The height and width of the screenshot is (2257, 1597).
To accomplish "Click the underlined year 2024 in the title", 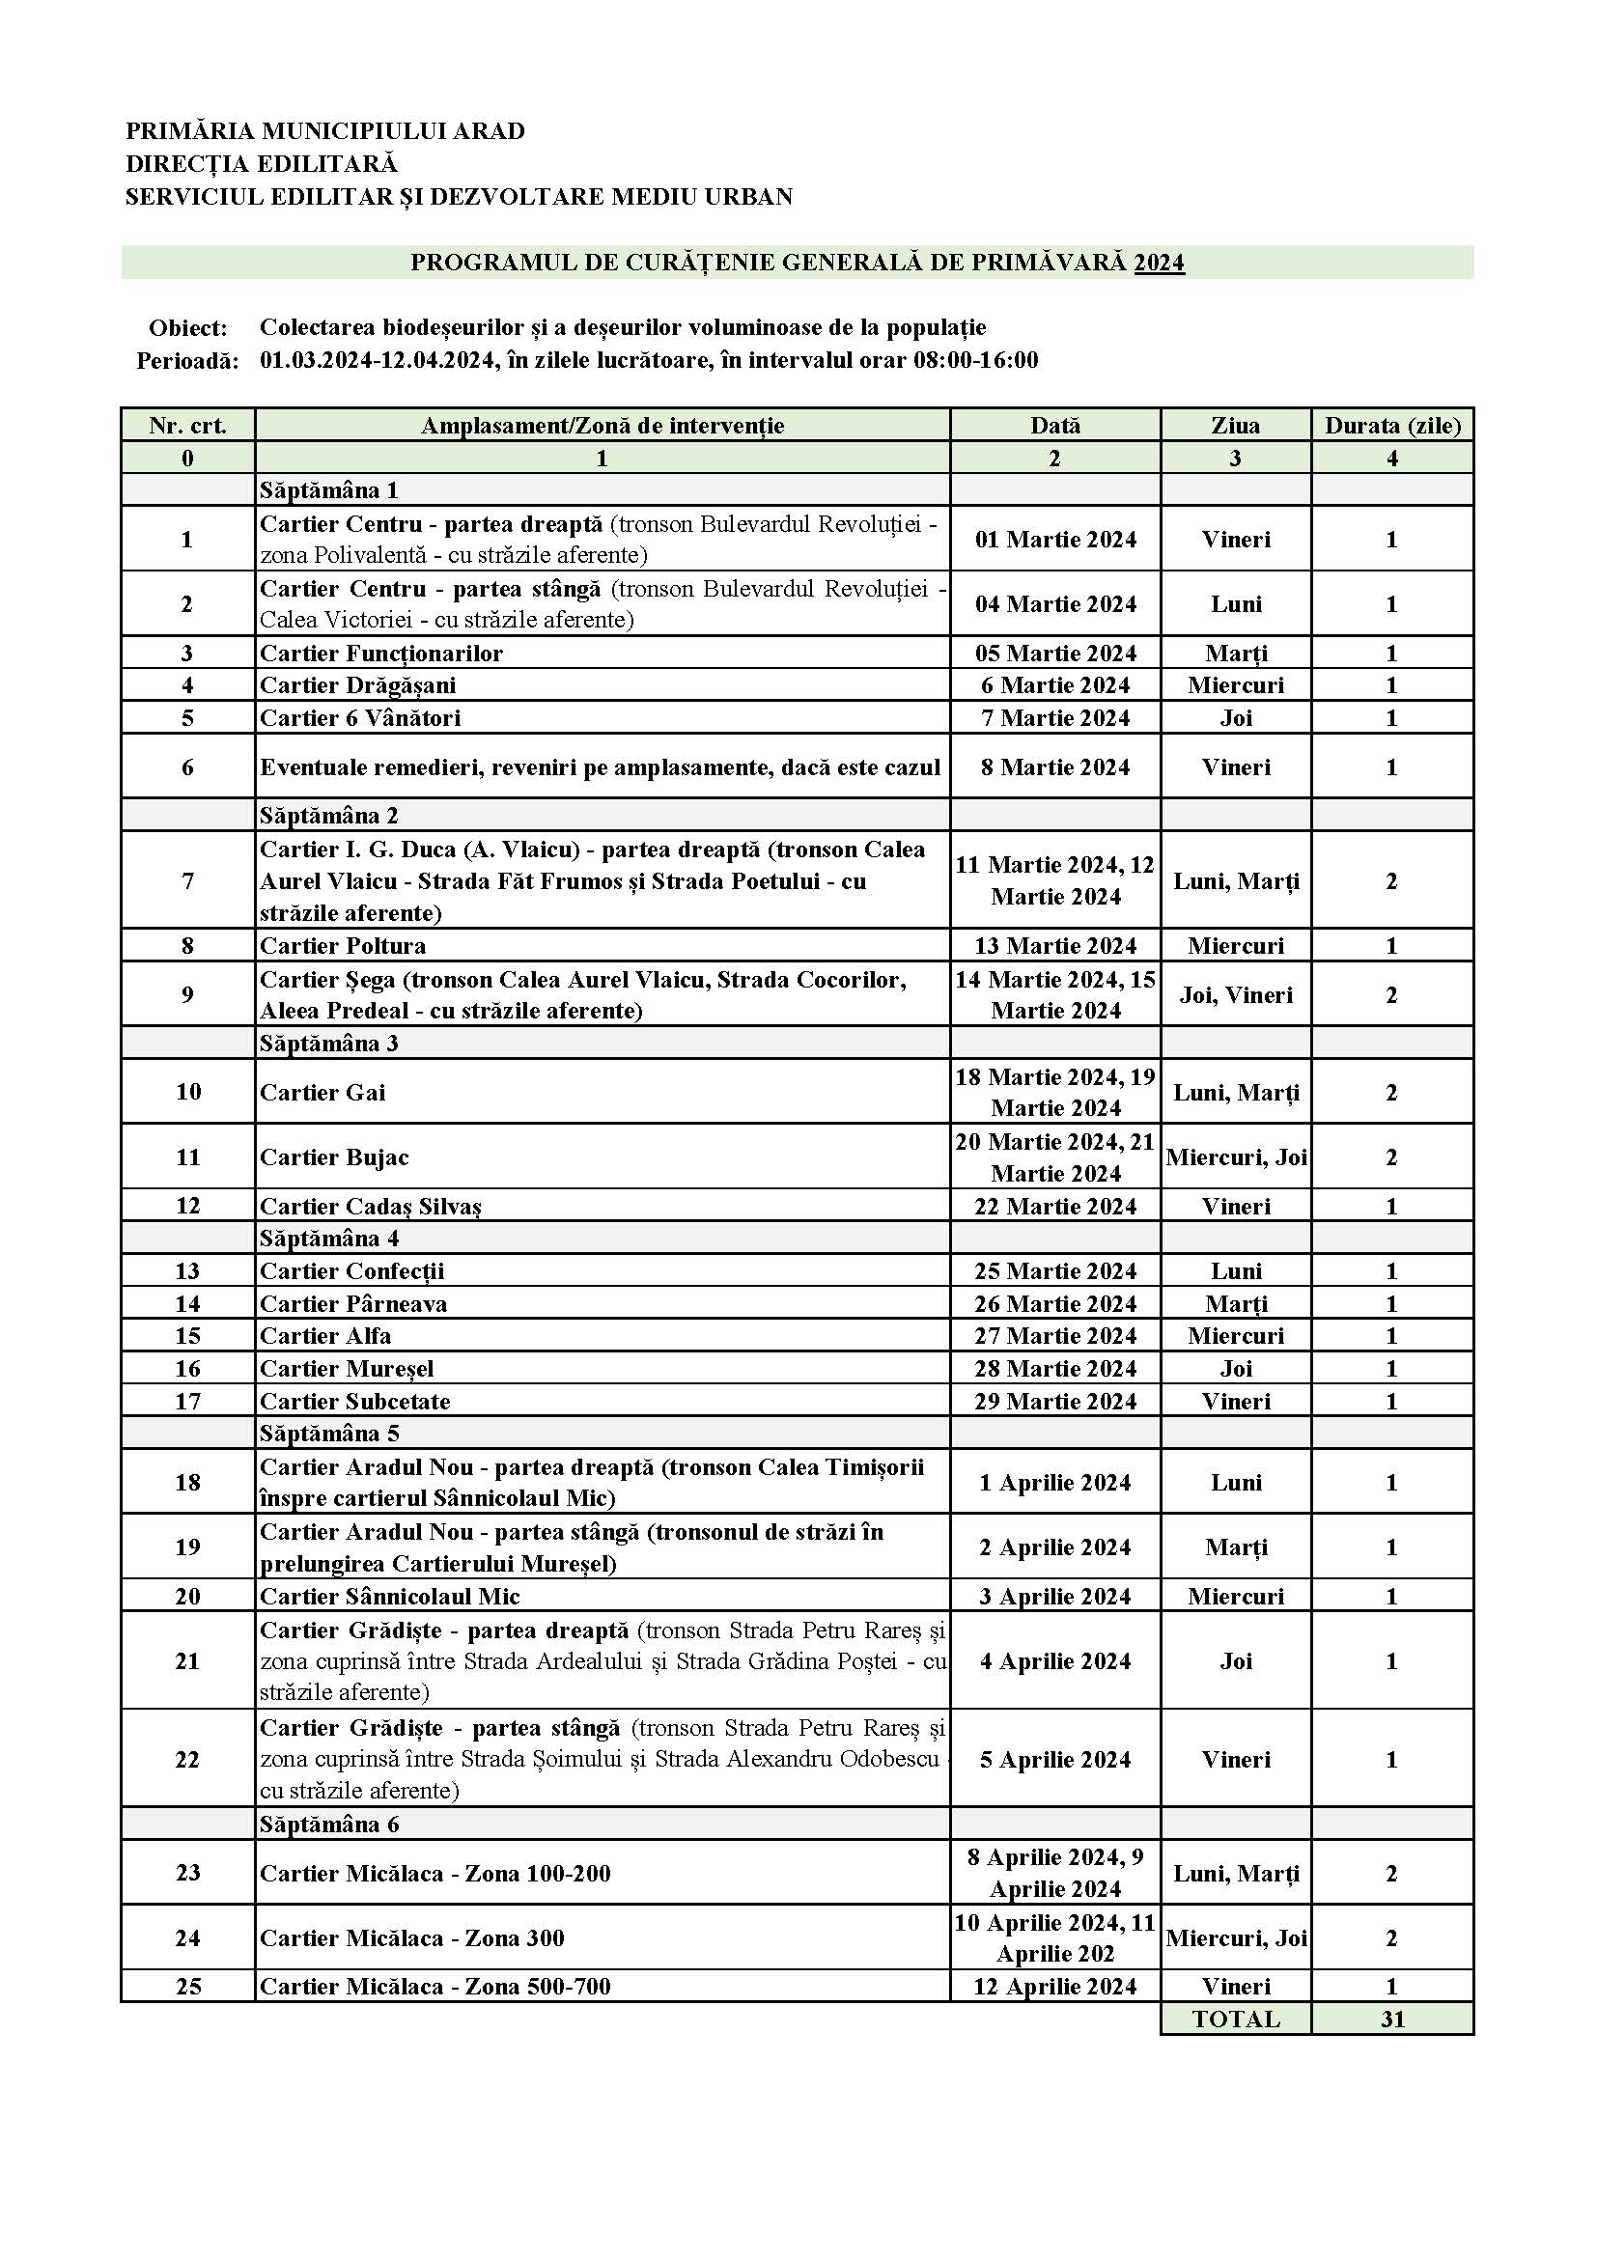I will (1159, 263).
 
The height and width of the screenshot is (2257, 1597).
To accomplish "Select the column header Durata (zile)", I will (1391, 426).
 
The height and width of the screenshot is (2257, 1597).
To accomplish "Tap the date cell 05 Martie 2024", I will (1055, 654).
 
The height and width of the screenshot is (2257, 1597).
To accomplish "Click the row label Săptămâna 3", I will (328, 1043).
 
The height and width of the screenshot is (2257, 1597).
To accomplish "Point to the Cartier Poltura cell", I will (343, 946).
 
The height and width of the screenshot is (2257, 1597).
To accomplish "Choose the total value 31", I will (1391, 2020).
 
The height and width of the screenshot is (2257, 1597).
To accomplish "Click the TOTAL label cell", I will (1235, 2020).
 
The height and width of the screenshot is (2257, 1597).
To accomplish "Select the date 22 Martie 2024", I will (1055, 1206).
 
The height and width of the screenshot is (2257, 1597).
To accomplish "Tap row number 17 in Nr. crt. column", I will (188, 1401).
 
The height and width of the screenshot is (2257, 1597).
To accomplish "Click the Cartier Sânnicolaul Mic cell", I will (389, 1597).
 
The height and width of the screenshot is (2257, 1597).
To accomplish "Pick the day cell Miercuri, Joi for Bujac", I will (1236, 1157).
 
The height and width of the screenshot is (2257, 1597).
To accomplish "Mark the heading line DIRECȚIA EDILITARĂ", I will (262, 163).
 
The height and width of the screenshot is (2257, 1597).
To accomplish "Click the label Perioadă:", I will (188, 361).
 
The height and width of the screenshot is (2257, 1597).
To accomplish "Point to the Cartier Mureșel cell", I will (347, 1368).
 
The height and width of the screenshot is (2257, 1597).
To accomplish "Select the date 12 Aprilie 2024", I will (1055, 1987).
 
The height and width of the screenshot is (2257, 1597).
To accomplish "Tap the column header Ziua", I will (1235, 426).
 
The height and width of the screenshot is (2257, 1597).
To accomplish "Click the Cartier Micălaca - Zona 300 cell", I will (412, 1938).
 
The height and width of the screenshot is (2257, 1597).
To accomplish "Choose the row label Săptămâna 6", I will (328, 1825).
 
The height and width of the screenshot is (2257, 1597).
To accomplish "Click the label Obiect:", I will (188, 327).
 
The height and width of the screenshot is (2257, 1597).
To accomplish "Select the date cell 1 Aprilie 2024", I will (1055, 1483).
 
